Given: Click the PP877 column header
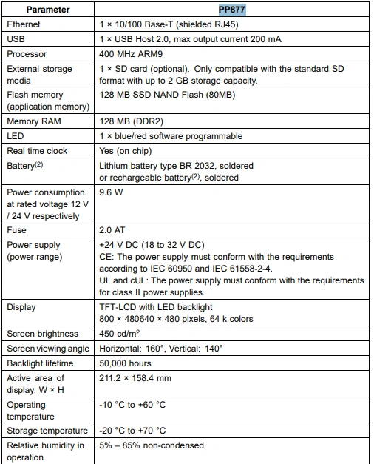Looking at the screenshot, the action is [x=231, y=10].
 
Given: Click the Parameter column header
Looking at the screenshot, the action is [x=49, y=10].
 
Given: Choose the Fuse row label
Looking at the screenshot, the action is [x=17, y=230].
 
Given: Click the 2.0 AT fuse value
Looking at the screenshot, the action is [x=112, y=230].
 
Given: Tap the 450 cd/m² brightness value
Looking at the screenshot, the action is [x=120, y=334].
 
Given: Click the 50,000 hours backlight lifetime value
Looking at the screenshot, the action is [x=125, y=363].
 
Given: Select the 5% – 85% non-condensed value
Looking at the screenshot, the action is [x=152, y=445].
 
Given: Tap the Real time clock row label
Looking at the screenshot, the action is [x=37, y=151].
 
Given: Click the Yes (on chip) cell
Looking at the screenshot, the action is [x=126, y=151].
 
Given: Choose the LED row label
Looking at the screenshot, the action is [x=16, y=136].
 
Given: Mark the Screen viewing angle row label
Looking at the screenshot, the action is [x=47, y=349].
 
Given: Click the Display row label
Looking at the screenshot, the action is [x=21, y=307].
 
